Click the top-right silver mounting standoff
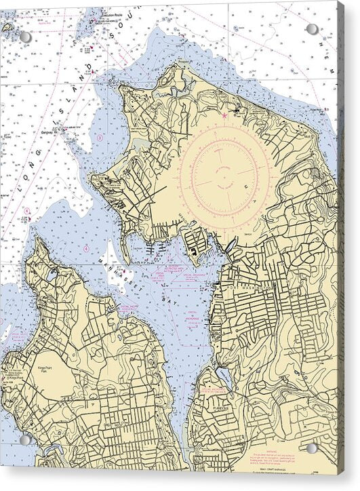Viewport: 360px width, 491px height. [312, 29]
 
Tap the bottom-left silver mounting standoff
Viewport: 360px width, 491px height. [25, 439]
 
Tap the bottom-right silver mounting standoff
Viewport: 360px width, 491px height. [312, 448]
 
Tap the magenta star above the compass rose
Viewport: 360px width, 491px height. [224, 116]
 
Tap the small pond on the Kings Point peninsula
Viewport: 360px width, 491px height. [52, 275]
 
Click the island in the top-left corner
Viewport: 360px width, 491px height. [7, 28]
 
